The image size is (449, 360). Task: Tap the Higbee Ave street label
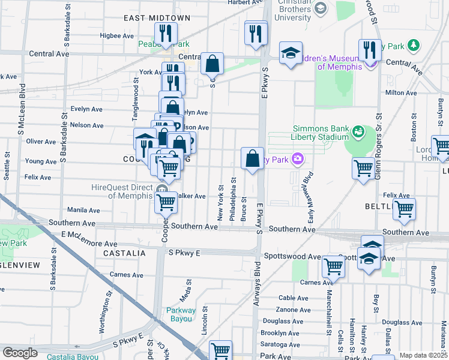tap(117, 36)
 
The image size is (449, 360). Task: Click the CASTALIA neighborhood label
tap(124, 254)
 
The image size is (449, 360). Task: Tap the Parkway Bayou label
tap(181, 314)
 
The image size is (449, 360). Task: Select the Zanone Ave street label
tap(294, 310)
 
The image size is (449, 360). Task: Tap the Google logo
tap(20, 353)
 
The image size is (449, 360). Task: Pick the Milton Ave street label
tap(401, 92)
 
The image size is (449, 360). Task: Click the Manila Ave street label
tap(83, 210)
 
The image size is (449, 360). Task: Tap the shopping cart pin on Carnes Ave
tap(333, 266)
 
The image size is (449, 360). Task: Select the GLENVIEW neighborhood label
tap(20, 265)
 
